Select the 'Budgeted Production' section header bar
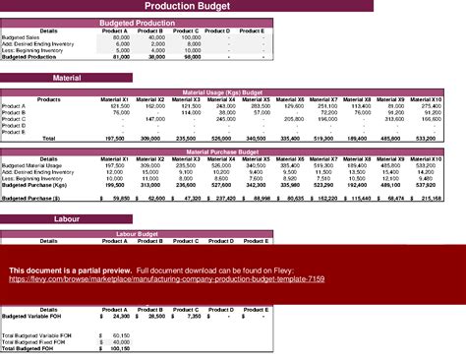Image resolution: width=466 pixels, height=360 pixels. click(137, 22)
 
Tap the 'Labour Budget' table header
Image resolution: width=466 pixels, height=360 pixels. click(137, 233)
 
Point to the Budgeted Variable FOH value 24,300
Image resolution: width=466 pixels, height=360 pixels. click(119, 317)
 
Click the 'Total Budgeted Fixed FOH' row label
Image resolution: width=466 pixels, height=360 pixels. click(29, 340)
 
